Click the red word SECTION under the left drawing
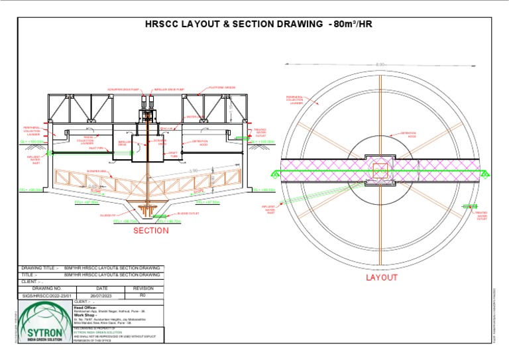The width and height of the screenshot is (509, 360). (x=150, y=231)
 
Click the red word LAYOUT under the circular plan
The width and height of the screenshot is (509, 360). (x=382, y=278)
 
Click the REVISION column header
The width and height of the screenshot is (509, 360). (x=143, y=288)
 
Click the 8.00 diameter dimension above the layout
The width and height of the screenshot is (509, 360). (x=380, y=64)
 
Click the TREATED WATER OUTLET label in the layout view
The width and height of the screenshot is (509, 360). (x=482, y=215)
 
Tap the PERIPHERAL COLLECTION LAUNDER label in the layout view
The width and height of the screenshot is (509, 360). (x=295, y=99)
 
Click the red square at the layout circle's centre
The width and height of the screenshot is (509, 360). (x=380, y=171)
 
